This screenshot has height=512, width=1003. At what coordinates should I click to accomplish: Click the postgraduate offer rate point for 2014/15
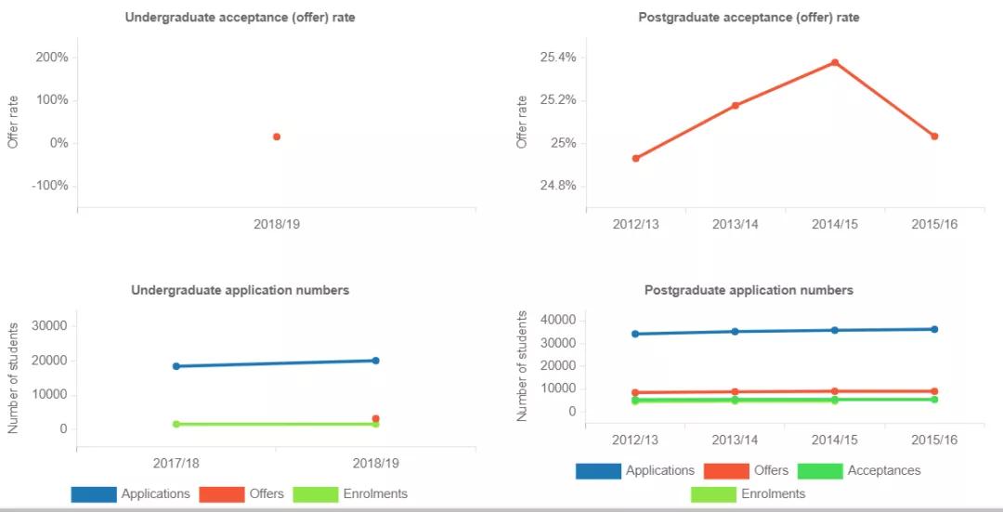pyautogui.click(x=835, y=62)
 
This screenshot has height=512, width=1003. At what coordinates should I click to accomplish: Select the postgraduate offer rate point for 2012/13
pyautogui.click(x=635, y=158)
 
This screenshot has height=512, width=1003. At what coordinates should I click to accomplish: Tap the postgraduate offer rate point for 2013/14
pyautogui.click(x=736, y=105)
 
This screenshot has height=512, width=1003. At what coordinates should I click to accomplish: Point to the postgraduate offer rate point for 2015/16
pyautogui.click(x=934, y=137)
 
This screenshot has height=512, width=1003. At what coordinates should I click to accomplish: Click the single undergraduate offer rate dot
pyautogui.click(x=277, y=137)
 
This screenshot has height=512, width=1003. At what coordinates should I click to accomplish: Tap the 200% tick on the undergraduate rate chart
pyautogui.click(x=52, y=58)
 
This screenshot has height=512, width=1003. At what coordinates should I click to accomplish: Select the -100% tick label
pyautogui.click(x=50, y=186)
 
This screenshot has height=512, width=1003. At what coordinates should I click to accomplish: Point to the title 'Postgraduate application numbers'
pyautogui.click(x=749, y=290)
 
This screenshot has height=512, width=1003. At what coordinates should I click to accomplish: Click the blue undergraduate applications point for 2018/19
pyautogui.click(x=375, y=361)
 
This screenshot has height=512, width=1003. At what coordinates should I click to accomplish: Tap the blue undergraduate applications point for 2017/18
pyautogui.click(x=176, y=366)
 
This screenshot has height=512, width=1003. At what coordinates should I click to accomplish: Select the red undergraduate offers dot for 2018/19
pyautogui.click(x=375, y=418)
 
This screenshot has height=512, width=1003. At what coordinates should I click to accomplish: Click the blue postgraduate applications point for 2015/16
pyautogui.click(x=934, y=329)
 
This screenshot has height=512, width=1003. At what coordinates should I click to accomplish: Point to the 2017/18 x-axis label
pyautogui.click(x=176, y=462)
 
